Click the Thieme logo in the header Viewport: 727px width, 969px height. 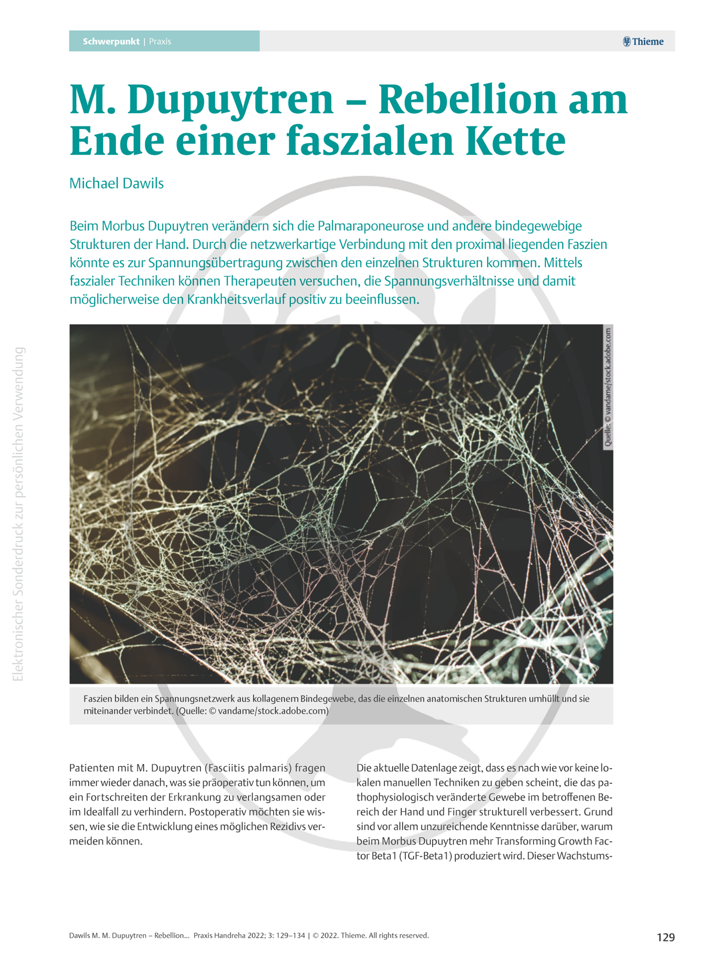pos(643,41)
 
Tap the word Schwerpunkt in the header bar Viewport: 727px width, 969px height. pos(111,41)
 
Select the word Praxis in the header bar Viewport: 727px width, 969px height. pos(160,41)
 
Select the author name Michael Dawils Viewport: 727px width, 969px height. pos(116,183)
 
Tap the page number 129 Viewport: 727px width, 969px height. pos(665,937)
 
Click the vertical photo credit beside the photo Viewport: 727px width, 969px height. pos(608,388)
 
